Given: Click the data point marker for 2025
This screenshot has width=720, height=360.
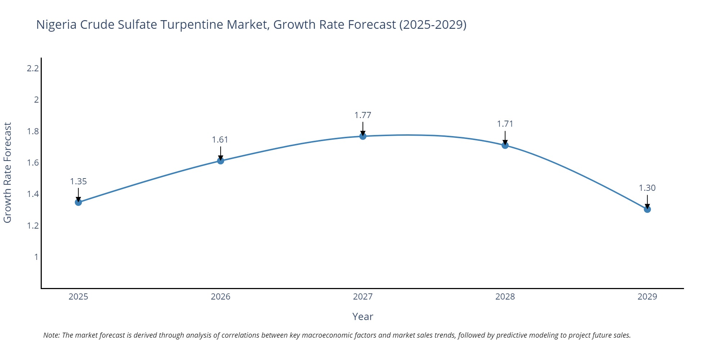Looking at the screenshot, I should coord(78,202).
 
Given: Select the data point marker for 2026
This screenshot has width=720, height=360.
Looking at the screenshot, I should coord(221,161).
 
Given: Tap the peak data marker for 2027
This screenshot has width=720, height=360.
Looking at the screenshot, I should coord(363,136).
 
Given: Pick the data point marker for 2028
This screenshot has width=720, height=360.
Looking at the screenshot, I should coord(505,145).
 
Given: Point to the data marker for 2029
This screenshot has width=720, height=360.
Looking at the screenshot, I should coord(647,209).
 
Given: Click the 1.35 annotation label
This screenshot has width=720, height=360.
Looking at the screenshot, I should coord(78,181).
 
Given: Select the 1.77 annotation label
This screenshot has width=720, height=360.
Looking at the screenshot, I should coord(363,115).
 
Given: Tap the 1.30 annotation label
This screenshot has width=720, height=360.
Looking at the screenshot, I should coord(647,188).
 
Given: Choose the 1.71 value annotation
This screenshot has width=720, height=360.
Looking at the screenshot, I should coord(505,124).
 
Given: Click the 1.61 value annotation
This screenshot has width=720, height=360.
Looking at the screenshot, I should coord(220,140).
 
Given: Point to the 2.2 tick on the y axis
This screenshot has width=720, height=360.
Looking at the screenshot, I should coord(33,68).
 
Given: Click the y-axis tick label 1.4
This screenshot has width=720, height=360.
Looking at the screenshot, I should coord(33,194).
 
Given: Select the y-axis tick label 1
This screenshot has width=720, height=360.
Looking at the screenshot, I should coord(36,257).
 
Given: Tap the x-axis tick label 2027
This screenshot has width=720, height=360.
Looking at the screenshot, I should coord(363,297).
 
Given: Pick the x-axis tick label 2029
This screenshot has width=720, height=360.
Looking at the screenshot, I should coord(647,297).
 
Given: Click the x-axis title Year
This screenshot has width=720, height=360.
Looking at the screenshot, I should coord(363,316).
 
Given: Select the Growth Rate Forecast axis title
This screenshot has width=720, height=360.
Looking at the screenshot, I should coord(8,173).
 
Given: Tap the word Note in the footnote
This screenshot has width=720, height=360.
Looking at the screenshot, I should coord(51,335).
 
